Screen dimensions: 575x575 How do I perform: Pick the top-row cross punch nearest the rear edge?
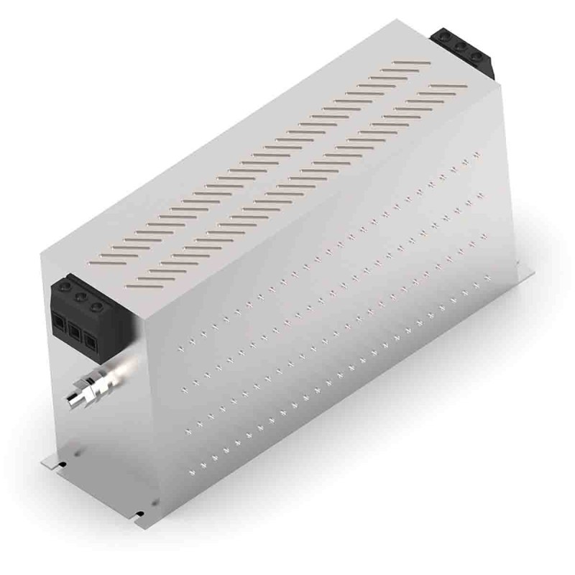pyautogui.click(x=477, y=154)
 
